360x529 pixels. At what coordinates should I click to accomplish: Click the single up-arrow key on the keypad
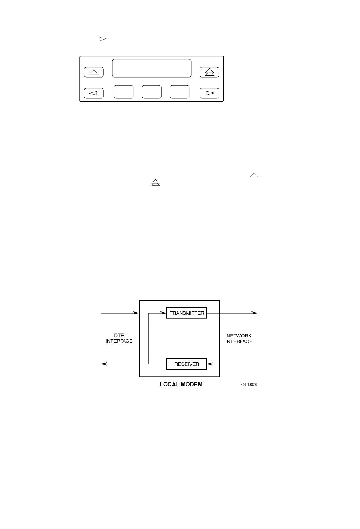(x=94, y=72)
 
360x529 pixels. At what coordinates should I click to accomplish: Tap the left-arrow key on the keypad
(x=94, y=93)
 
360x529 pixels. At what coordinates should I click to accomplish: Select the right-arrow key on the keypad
(x=209, y=93)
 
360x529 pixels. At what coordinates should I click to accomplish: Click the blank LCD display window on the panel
(x=151, y=68)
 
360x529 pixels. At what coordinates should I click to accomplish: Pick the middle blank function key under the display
(x=151, y=92)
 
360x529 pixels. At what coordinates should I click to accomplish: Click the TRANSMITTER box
(x=187, y=313)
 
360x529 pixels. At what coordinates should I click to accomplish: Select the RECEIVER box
(x=187, y=364)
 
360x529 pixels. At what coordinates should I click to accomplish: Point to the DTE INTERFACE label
(x=119, y=338)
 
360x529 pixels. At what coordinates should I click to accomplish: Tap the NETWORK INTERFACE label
(x=239, y=339)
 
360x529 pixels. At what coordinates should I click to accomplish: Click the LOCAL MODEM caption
(x=181, y=385)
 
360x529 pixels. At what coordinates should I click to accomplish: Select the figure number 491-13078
(x=249, y=385)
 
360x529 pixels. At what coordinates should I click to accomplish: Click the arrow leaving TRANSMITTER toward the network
(x=238, y=313)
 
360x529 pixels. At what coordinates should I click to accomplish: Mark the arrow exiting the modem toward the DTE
(x=117, y=364)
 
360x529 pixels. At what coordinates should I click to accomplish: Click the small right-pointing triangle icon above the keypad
(x=103, y=38)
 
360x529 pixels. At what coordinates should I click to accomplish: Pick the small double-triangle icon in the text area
(x=156, y=182)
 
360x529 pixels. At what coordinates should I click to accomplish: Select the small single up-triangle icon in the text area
(x=254, y=175)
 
